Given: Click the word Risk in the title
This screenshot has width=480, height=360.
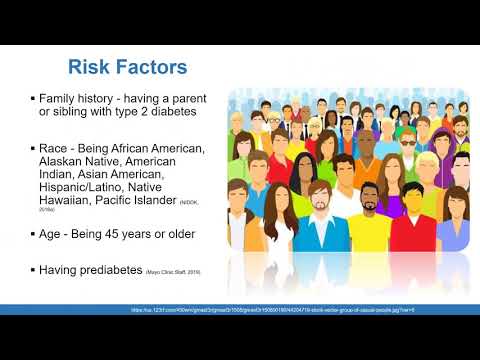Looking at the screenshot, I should tap(88, 68).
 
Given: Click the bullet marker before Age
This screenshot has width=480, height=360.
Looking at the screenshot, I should tap(33, 234).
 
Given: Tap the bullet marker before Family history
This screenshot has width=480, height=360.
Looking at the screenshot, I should tap(33, 101).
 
